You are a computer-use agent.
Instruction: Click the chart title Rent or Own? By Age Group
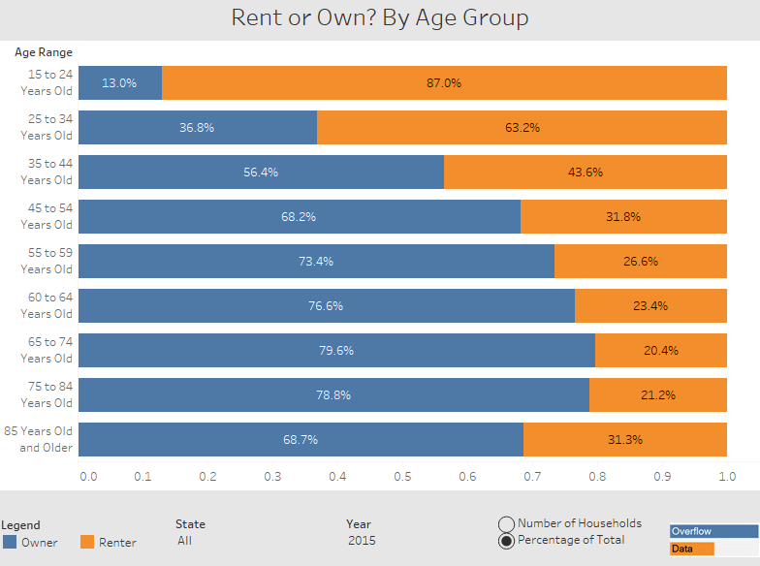click(379, 18)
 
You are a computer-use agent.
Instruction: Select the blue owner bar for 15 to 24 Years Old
click(119, 83)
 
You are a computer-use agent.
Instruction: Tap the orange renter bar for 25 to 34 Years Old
click(522, 128)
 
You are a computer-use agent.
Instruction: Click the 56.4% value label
click(261, 173)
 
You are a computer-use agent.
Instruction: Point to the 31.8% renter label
click(623, 217)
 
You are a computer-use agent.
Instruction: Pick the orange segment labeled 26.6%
click(640, 262)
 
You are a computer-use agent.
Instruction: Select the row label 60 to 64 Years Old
click(46, 305)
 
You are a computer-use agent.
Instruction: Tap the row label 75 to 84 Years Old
click(46, 394)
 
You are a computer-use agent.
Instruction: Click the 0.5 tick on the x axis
click(402, 477)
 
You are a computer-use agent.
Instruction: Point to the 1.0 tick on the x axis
click(727, 477)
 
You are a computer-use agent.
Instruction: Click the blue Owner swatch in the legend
click(10, 543)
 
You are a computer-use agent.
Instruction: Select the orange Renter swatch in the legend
click(87, 543)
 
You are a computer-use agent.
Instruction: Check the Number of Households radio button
click(506, 523)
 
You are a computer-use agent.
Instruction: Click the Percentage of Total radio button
click(506, 541)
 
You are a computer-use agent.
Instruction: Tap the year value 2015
click(362, 541)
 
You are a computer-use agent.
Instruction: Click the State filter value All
click(185, 541)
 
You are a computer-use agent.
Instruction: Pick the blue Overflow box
click(713, 531)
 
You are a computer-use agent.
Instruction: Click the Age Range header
click(43, 52)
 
